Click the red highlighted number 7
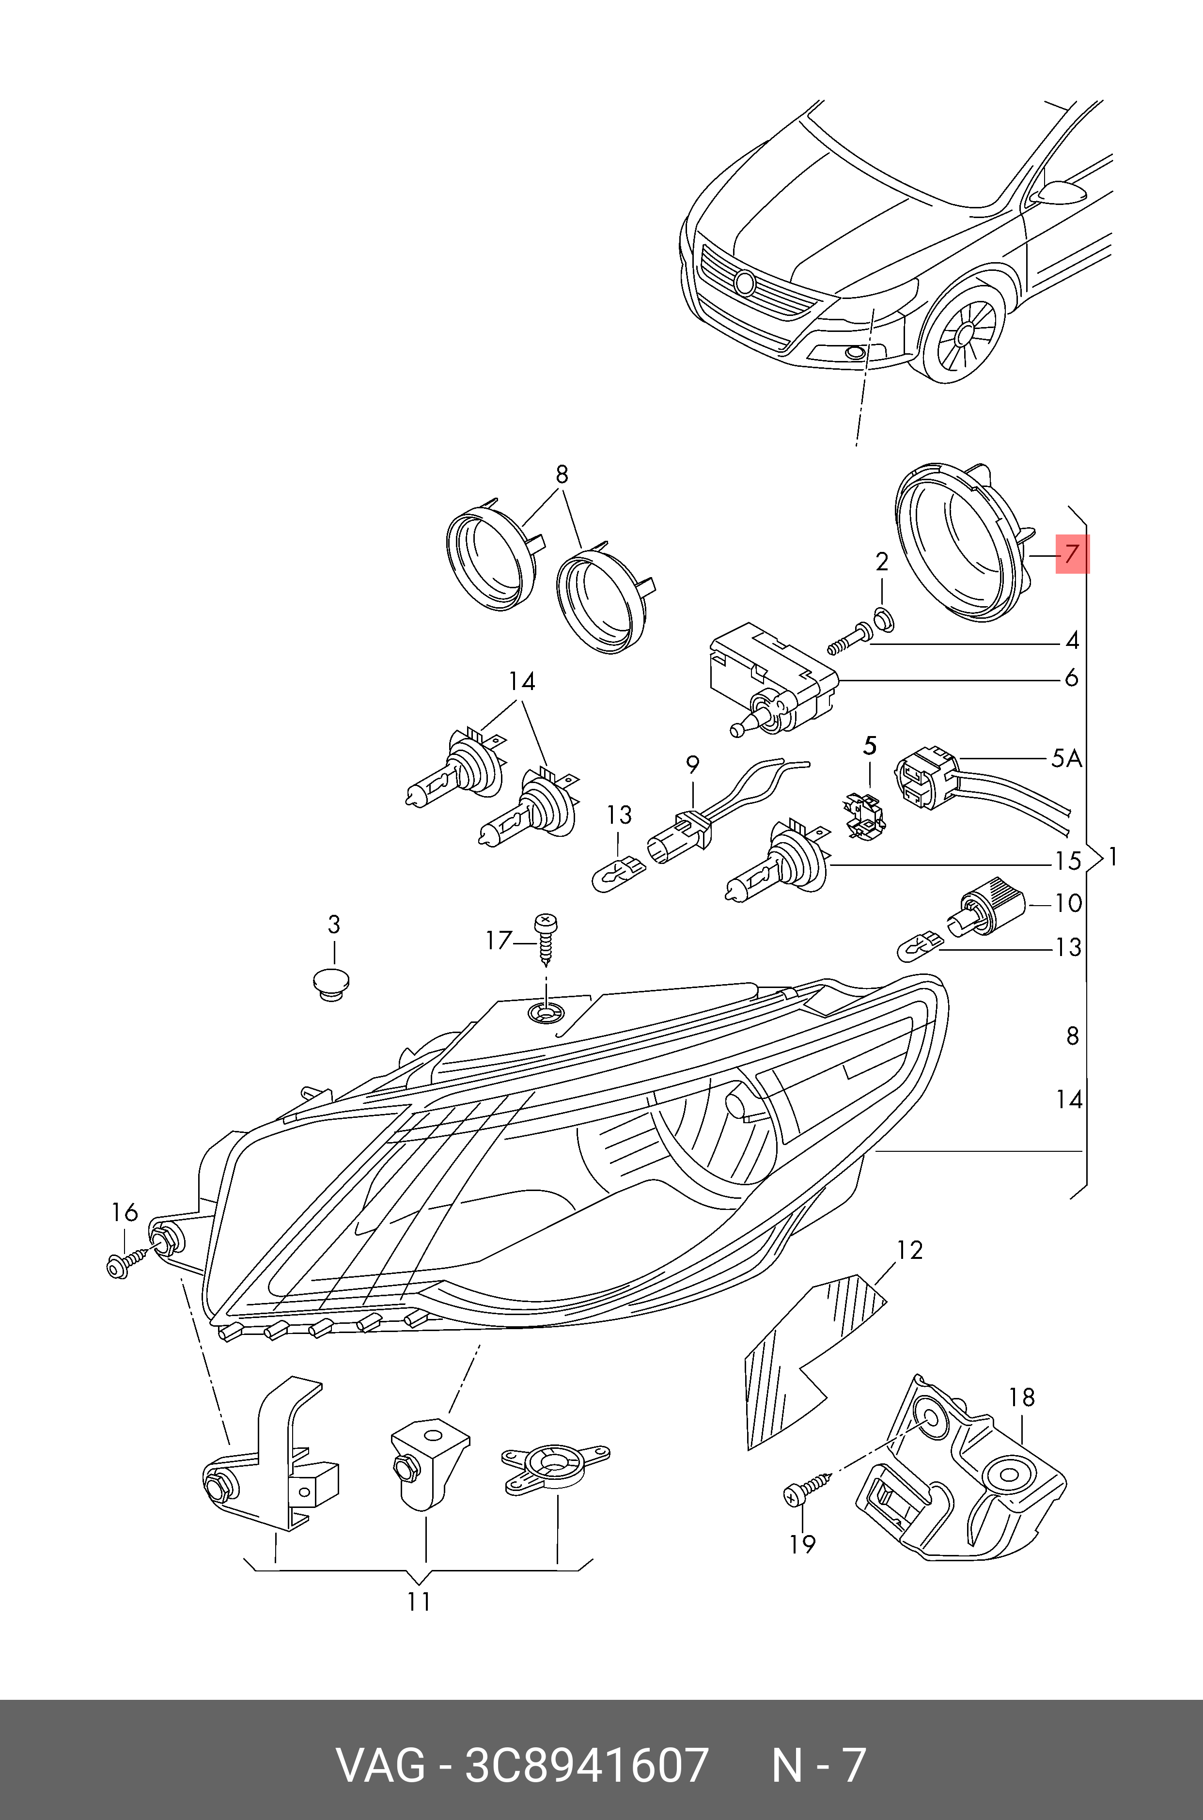(x=1072, y=553)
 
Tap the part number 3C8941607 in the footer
(x=586, y=1759)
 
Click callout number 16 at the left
(x=125, y=1212)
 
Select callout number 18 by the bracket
(x=1022, y=1397)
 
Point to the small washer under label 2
(x=884, y=618)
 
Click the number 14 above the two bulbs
(x=522, y=681)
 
